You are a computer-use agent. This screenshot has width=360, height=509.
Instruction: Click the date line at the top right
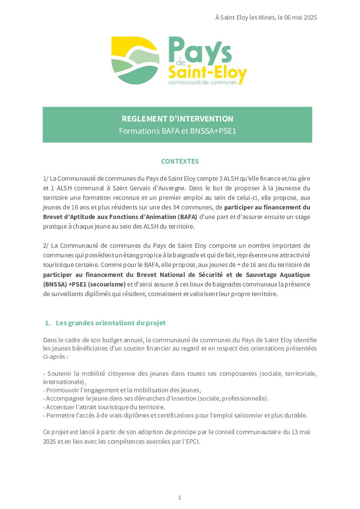266,17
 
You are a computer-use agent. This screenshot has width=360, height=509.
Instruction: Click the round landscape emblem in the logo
135,60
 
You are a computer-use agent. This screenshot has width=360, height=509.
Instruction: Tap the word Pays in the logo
200,51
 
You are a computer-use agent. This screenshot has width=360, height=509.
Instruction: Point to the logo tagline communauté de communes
202,82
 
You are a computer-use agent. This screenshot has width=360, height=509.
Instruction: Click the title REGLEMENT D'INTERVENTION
177,118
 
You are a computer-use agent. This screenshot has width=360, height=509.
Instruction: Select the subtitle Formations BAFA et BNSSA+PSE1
177,131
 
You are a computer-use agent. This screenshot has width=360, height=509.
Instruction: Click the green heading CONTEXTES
180,161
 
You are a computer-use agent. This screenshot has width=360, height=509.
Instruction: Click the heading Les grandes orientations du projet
111,323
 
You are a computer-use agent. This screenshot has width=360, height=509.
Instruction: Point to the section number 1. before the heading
48,323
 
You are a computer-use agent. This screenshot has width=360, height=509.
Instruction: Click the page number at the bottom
180,497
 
